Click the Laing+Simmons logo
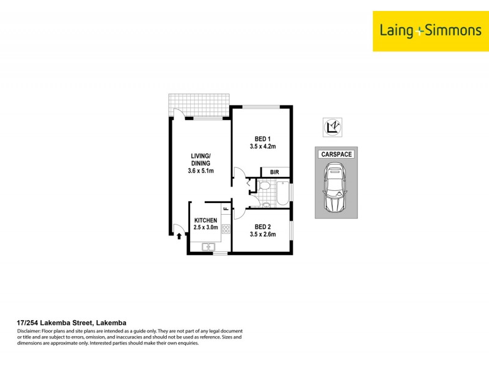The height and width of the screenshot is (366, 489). (430, 30)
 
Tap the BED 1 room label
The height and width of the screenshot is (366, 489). (263, 138)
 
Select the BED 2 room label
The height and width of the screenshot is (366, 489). (263, 226)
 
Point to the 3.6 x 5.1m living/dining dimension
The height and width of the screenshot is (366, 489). (200, 171)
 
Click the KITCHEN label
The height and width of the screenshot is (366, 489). (205, 220)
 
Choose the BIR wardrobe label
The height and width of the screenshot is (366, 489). (274, 173)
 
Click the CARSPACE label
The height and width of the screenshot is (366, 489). (336, 154)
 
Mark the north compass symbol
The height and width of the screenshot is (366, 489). (333, 126)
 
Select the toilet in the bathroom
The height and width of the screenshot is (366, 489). (265, 187)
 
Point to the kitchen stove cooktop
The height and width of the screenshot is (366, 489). (226, 230)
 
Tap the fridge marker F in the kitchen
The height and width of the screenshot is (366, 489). (226, 209)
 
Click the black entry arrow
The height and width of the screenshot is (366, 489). (179, 235)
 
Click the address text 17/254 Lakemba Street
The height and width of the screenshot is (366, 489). (70, 323)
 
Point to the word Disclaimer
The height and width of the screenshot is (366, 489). (29, 331)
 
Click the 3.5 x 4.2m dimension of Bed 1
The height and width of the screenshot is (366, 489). (263, 146)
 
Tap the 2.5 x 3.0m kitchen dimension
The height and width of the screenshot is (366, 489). (205, 228)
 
